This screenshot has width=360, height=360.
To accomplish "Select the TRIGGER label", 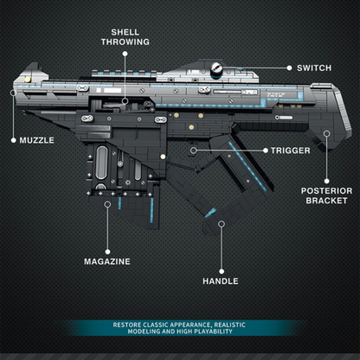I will click(291, 150).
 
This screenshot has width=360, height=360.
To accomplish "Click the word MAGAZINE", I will click(108, 260).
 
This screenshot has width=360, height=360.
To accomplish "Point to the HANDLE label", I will click(221, 280).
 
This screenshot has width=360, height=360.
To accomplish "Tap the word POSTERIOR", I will click(326, 190).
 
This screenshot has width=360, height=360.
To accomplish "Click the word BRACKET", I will click(326, 202).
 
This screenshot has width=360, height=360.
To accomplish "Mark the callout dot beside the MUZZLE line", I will click(12, 138).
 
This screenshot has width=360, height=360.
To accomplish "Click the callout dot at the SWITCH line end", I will click(289, 67).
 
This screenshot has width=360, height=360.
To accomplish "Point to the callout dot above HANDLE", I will click(222, 224).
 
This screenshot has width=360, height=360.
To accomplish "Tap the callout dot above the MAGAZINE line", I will click(108, 206).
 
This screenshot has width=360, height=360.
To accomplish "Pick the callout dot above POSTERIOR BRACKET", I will click(326, 133).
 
